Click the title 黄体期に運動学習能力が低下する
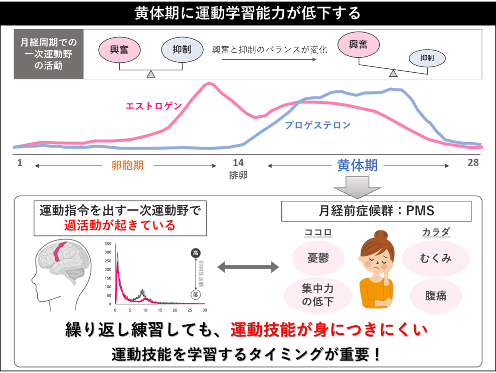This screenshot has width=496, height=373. pyautogui.click(x=248, y=14)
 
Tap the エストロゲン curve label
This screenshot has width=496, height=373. pyautogui.click(x=153, y=106)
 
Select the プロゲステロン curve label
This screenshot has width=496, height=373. pyautogui.click(x=317, y=125)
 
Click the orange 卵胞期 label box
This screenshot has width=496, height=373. pyautogui.click(x=127, y=166)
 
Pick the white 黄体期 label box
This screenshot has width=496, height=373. pyautogui.click(x=357, y=165)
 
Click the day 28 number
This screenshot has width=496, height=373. pyautogui.click(x=473, y=163)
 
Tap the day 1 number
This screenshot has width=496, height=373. pyautogui.click(x=20, y=163)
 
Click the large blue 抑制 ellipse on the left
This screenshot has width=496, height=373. pyautogui.click(x=183, y=50)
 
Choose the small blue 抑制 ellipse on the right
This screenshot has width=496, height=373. pyautogui.click(x=427, y=58)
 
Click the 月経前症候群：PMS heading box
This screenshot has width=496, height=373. pyautogui.click(x=376, y=211)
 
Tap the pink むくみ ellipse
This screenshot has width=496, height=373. pyautogui.click(x=435, y=258)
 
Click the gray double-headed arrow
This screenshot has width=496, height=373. pyautogui.click(x=248, y=268)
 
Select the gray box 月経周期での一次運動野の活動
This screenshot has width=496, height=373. pyautogui.click(x=49, y=54)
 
